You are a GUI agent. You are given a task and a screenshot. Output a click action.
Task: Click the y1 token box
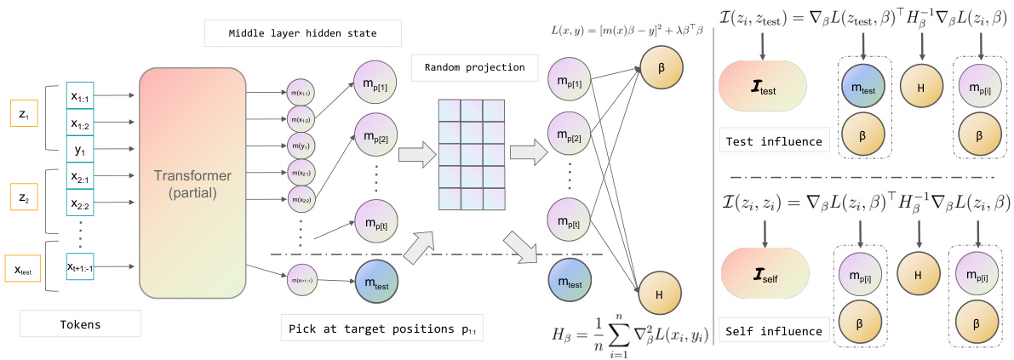87,152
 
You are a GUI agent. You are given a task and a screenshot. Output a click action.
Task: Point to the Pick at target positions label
381,329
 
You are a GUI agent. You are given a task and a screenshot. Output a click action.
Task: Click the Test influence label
773,140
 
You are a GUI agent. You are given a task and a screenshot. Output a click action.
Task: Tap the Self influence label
773,330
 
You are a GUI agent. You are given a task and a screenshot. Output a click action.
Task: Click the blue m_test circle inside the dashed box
862,89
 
